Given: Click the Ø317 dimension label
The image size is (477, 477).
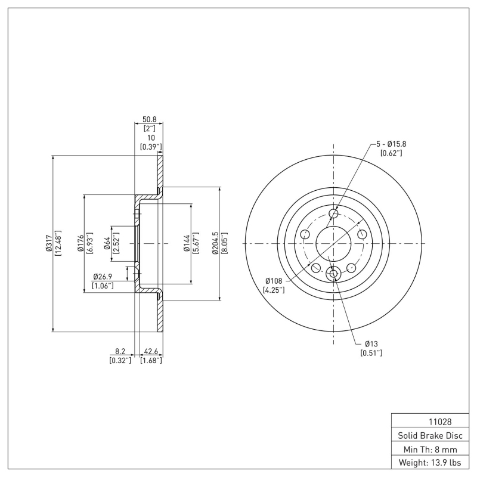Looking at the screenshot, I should pyautogui.click(x=49, y=243).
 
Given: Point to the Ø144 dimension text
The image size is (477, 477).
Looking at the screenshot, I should pyautogui.click(x=186, y=244).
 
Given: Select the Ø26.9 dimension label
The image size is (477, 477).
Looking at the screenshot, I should pyautogui.click(x=103, y=277).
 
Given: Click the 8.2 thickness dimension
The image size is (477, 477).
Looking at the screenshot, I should pyautogui.click(x=120, y=352).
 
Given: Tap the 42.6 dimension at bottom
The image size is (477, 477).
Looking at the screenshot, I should pyautogui.click(x=151, y=352).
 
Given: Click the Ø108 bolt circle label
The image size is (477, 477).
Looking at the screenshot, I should pyautogui.click(x=274, y=281).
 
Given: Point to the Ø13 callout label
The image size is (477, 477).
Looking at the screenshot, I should pyautogui.click(x=371, y=344).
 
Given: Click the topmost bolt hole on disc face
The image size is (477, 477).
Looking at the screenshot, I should pyautogui.click(x=333, y=214).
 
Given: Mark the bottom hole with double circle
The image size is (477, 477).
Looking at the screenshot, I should pyautogui.click(x=333, y=274).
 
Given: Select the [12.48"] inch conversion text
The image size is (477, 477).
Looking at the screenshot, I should pyautogui.click(x=58, y=244).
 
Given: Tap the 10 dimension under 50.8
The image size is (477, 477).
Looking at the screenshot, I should pyautogui.click(x=151, y=138).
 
